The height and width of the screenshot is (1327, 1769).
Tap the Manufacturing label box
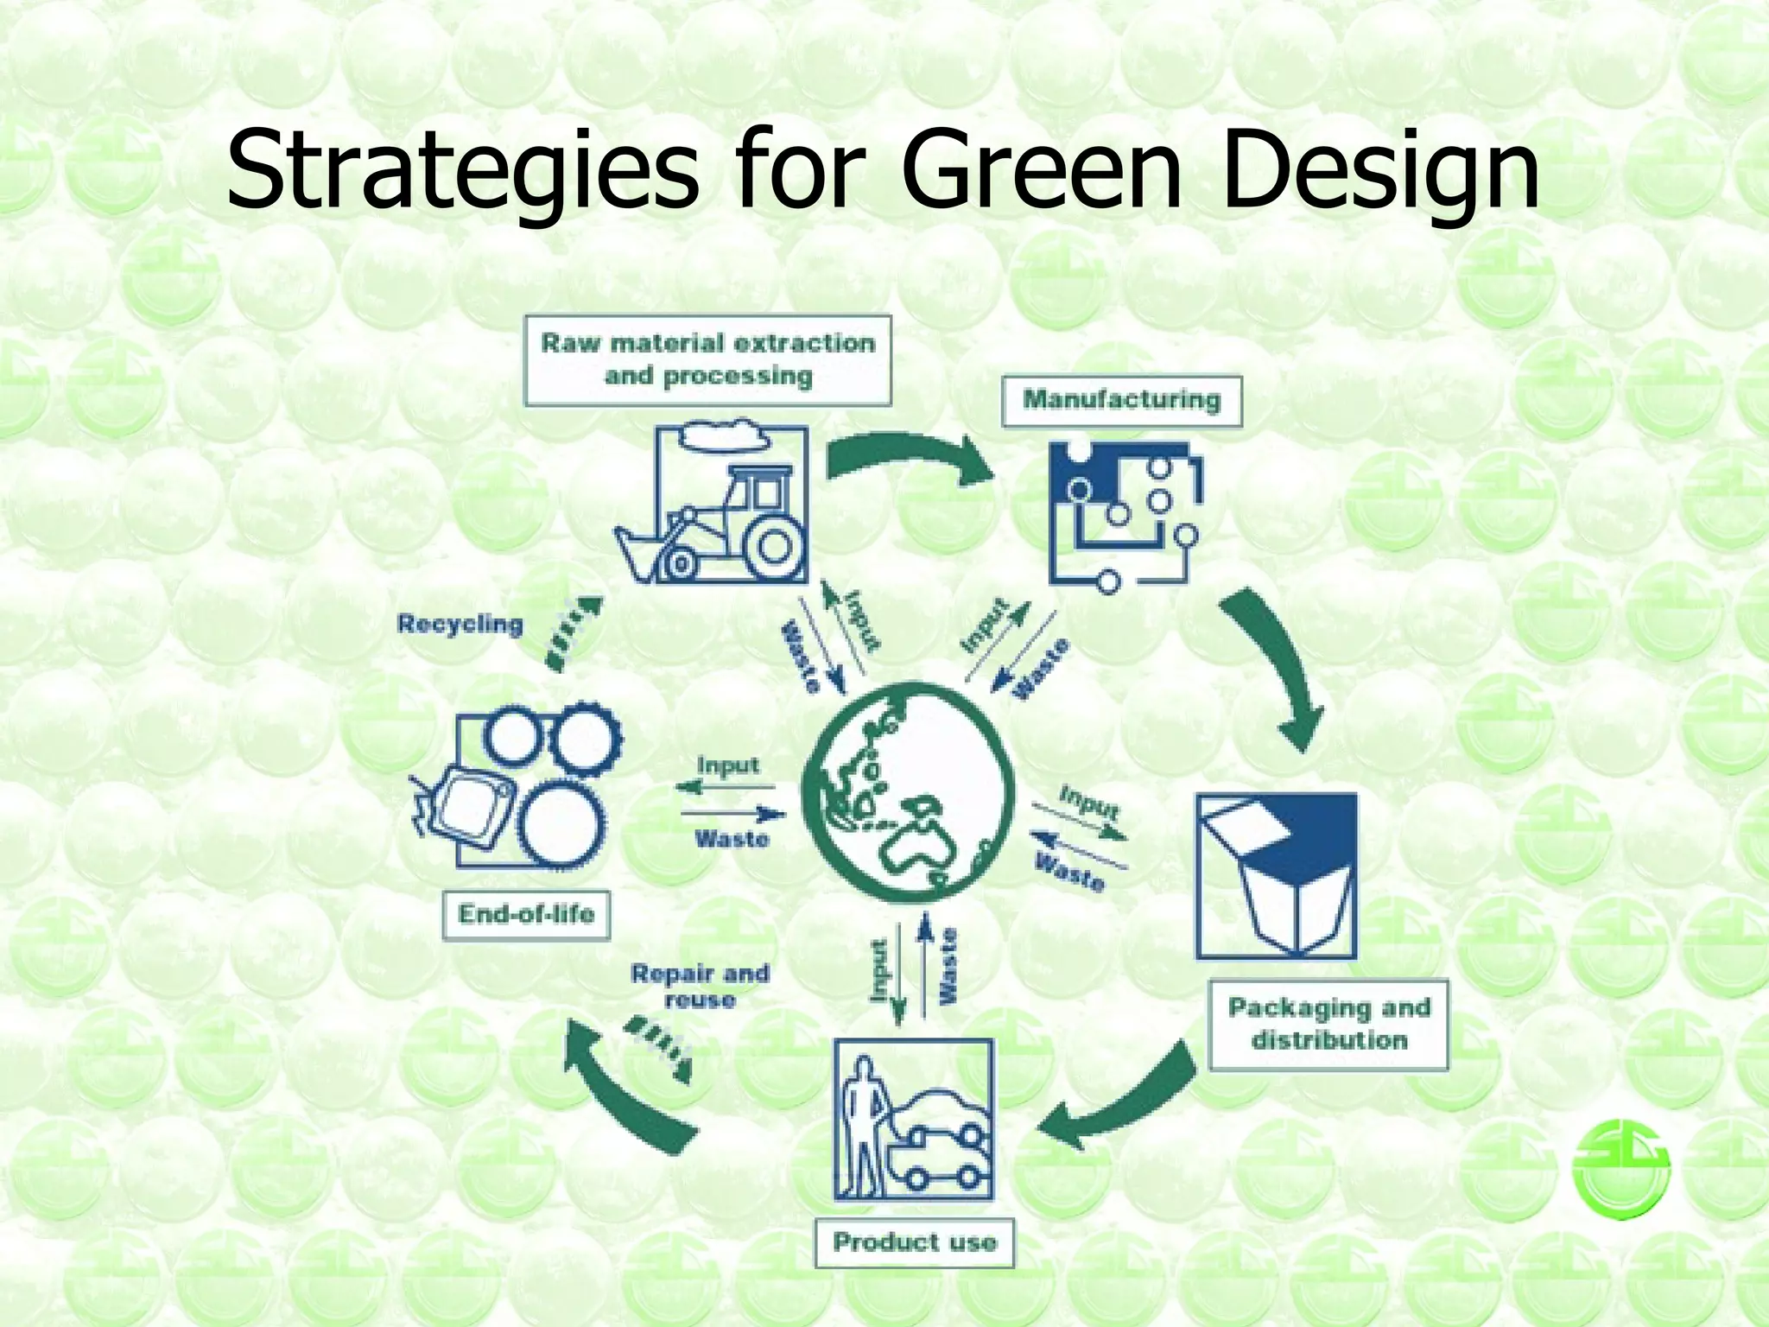tap(1121, 400)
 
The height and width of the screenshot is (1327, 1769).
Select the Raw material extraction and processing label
tap(707, 360)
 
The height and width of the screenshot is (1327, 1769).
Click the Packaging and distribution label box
tap(1328, 1025)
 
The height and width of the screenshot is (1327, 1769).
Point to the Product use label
tap(914, 1242)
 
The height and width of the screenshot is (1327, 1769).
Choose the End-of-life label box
tap(526, 915)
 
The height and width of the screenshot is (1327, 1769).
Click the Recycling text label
tap(460, 624)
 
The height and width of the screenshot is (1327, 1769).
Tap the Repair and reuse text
tap(700, 986)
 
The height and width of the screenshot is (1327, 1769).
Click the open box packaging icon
tap(1276, 874)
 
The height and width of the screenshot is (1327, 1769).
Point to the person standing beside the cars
tap(861, 1123)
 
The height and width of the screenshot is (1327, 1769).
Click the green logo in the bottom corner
tap(1621, 1168)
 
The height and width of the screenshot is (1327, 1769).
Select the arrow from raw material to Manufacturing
tap(907, 458)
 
